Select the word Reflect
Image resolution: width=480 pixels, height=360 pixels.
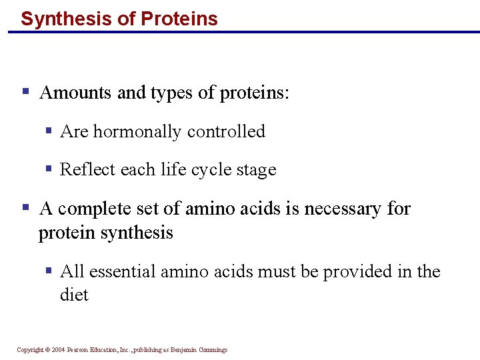84,170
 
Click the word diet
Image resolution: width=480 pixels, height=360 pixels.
74,295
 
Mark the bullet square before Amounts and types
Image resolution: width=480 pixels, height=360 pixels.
25,91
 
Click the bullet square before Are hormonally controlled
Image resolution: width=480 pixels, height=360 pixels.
49,131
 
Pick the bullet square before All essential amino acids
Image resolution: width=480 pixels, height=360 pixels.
49,271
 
